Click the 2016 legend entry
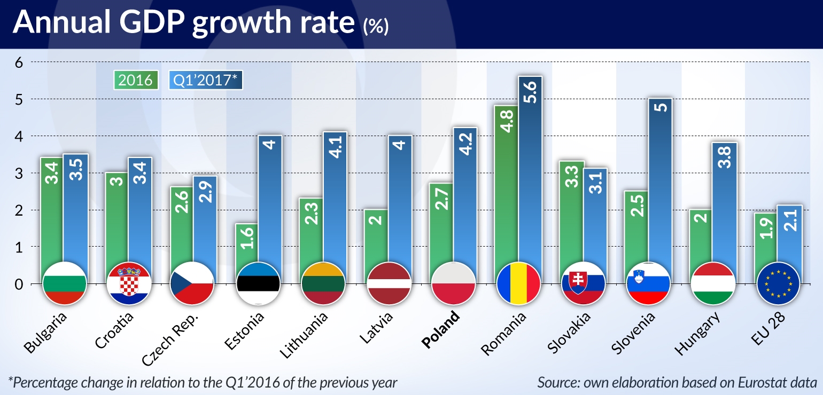(x=135, y=80)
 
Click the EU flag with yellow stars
(x=779, y=283)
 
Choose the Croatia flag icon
(x=128, y=283)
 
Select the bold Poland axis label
(x=441, y=330)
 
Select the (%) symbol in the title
(x=376, y=27)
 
